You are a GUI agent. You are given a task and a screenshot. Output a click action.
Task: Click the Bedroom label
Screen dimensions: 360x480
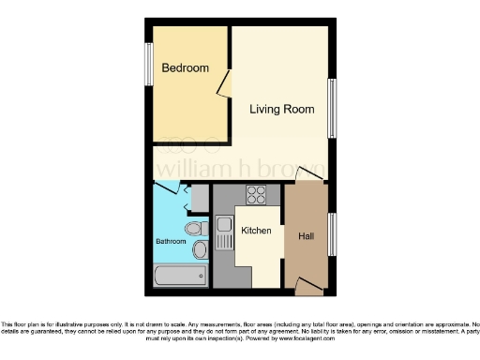[185, 68]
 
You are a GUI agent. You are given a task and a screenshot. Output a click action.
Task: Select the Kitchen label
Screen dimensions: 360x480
[256, 231]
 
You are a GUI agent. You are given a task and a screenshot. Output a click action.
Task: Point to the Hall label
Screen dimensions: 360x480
[306, 235]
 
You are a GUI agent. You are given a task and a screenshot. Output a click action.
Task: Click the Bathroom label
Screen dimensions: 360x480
[171, 241]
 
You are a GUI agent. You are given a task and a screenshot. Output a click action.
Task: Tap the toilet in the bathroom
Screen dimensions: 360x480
[194, 228]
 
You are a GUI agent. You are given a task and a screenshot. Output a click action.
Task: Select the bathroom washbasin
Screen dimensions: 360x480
[199, 250]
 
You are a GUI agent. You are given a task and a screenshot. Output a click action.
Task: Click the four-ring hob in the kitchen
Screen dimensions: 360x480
[256, 195]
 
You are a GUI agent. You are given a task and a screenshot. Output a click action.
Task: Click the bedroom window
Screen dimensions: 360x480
[148, 64]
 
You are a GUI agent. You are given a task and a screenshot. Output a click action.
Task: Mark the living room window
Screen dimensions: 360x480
[332, 108]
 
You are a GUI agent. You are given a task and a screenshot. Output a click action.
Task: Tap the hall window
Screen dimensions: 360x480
[332, 234]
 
